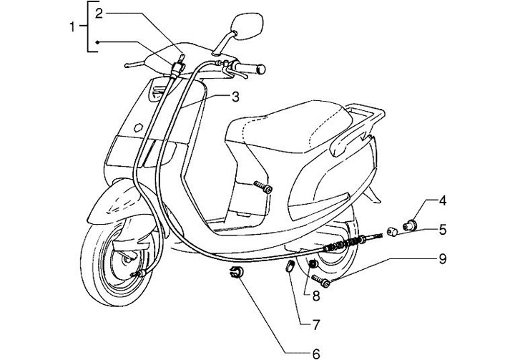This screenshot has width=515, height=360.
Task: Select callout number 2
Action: pyautogui.click(x=99, y=13)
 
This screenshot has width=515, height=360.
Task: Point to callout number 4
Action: pyautogui.click(x=443, y=200)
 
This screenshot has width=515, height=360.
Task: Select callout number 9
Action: pyautogui.click(x=443, y=258)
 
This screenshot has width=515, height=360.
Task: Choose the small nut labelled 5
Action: pyautogui.click(x=392, y=231)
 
